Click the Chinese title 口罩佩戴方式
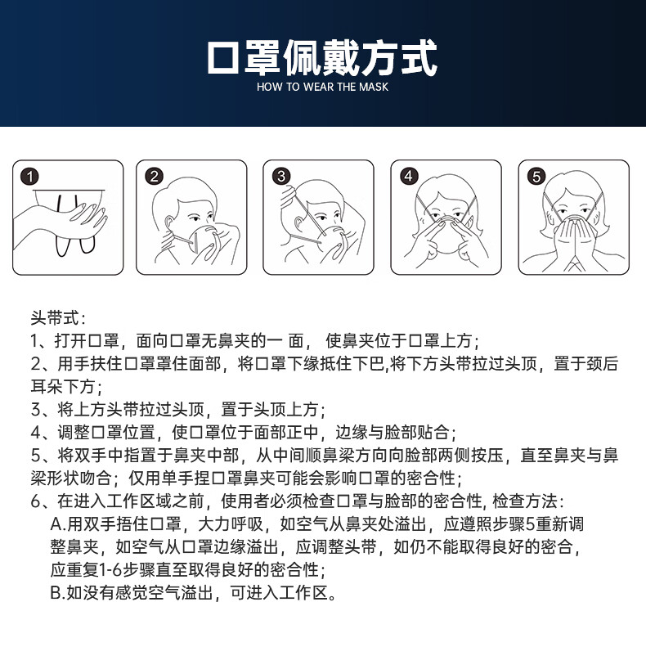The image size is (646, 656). coord(322,57)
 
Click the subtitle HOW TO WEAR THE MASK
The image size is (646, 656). coord(322,87)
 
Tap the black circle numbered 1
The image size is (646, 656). coord(29,176)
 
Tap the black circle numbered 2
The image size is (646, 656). coord(154,176)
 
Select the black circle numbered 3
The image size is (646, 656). coord(281,176)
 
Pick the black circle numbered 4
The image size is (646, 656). coord(409,176)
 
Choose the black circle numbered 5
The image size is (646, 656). coord(536,176)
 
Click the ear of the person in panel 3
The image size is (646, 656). coord(299,224)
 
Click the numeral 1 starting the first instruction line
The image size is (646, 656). coord(34,341)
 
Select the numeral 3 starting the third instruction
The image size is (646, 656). coord(35,410)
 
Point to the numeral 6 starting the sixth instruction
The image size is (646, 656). coord(35,501)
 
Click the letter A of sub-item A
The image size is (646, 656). coord(56,524)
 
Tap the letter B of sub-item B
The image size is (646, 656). coord(56,593)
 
